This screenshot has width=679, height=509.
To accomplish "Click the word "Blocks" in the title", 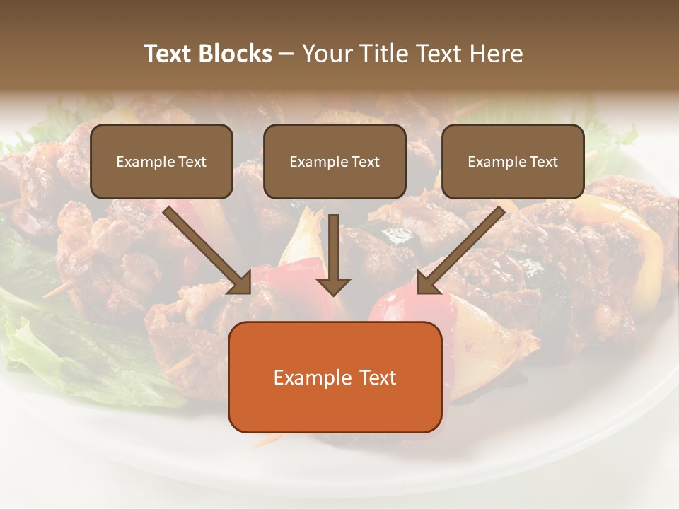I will click(x=235, y=54).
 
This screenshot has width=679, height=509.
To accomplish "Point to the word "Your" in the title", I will click(x=326, y=54).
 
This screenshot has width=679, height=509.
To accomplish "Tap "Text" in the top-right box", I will click(x=543, y=162).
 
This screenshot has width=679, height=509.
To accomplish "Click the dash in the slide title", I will click(x=286, y=54).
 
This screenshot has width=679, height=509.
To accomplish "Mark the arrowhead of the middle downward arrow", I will click(x=333, y=286).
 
